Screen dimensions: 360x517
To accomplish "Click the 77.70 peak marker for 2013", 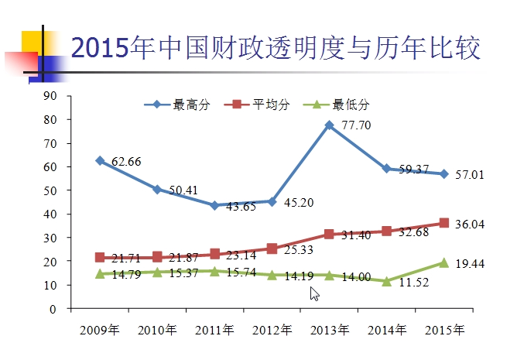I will pyautogui.click(x=329, y=125).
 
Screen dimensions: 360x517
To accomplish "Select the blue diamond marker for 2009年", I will pyautogui.click(x=100, y=160).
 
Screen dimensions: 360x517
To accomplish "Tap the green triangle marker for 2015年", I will pyautogui.click(x=443, y=262).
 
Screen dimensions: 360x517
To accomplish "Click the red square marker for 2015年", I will pyautogui.click(x=443, y=223).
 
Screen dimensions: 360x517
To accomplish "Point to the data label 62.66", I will pyautogui.click(x=126, y=161).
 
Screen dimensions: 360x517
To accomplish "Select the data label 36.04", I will pyautogui.click(x=470, y=223).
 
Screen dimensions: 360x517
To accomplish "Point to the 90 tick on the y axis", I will pyautogui.click(x=52, y=96).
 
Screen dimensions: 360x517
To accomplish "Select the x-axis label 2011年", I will pyautogui.click(x=214, y=331).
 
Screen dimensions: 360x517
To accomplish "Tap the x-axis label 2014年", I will pyautogui.click(x=386, y=331).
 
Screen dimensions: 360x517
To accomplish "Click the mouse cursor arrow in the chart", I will pyautogui.click(x=314, y=293).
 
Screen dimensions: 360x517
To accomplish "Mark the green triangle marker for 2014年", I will pyautogui.click(x=386, y=281).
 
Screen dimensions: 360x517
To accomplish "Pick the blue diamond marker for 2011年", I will pyautogui.click(x=214, y=205).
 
